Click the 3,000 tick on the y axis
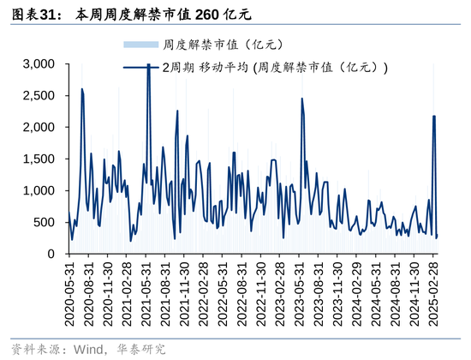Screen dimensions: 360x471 pyautogui.click(x=39, y=64)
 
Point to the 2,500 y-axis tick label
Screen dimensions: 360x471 pyautogui.click(x=39, y=96)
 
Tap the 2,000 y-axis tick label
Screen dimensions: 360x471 pyautogui.click(x=39, y=128)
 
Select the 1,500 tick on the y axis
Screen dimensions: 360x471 pyautogui.click(x=39, y=159)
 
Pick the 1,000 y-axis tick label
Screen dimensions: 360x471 pyautogui.click(x=39, y=191)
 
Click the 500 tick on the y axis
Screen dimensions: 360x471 pyautogui.click(x=45, y=223)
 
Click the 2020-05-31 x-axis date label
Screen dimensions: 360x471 pyautogui.click(x=70, y=291)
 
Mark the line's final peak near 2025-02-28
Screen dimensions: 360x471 pyautogui.click(x=434, y=117)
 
